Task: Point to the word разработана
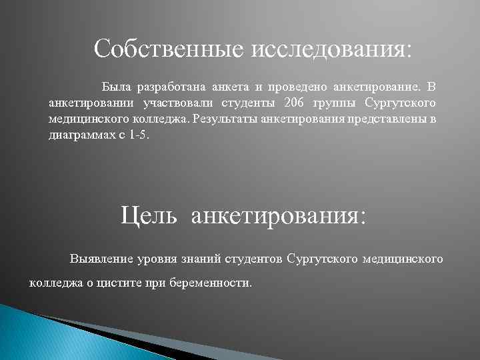[171, 87]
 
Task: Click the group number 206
[294, 103]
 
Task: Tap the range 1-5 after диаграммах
[141, 135]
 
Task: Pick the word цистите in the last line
[115, 282]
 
